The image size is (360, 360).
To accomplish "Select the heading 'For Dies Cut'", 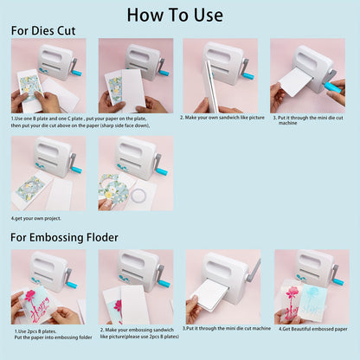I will (43, 30).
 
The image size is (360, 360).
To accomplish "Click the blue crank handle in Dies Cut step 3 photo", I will (332, 87).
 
